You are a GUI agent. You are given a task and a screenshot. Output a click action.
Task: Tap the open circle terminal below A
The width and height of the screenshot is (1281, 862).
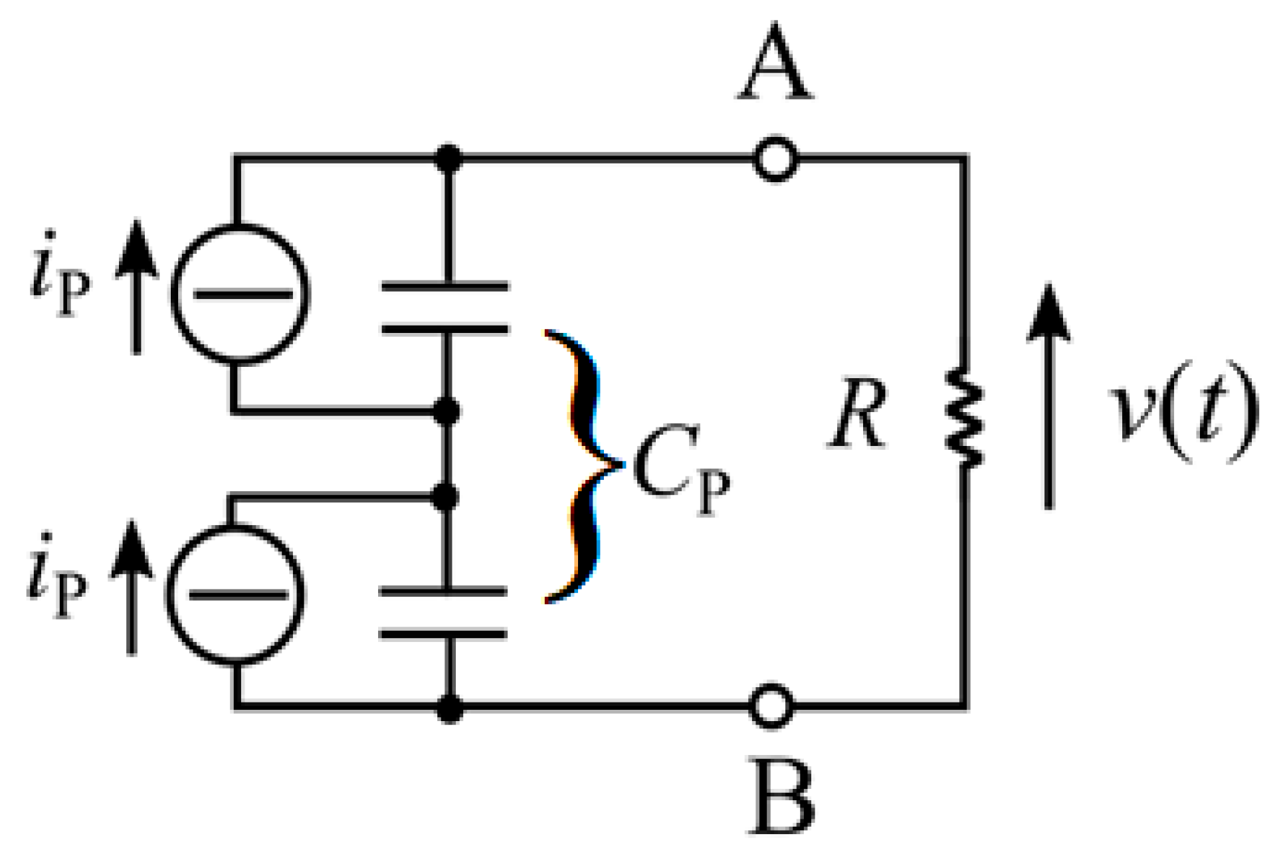click(775, 160)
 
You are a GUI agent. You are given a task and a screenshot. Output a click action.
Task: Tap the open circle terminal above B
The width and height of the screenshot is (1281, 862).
click(772, 705)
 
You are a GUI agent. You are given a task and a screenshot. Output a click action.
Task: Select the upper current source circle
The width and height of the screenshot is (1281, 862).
click(240, 294)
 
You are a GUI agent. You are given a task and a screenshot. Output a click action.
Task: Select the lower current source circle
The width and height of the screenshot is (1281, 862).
click(236, 594)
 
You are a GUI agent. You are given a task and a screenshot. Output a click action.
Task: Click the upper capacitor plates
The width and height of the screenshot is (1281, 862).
click(445, 308)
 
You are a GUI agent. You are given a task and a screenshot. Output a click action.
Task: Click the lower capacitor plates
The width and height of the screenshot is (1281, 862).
click(443, 612)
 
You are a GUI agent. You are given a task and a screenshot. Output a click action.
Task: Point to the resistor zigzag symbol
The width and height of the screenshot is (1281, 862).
click(965, 418)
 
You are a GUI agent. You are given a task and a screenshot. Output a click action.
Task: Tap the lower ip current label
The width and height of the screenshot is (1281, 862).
click(57, 578)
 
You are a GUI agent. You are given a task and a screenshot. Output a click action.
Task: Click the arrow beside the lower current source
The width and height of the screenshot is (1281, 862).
click(132, 588)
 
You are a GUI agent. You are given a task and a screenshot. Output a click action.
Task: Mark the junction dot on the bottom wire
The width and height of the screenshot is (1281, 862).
click(450, 708)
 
